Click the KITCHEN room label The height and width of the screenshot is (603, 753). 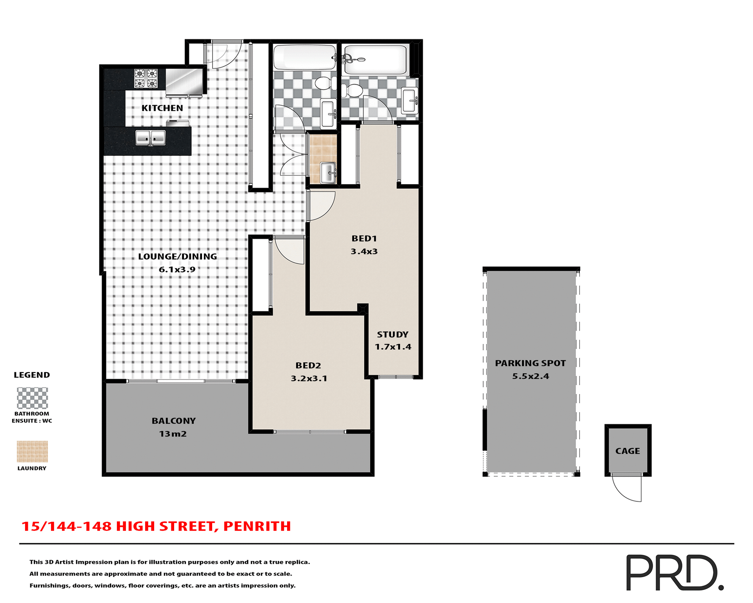162,108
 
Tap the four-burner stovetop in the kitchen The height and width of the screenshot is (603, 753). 146,78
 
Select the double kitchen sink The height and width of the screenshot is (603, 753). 151,138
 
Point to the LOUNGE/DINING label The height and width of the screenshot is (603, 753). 177,256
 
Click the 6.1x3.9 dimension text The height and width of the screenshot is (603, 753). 177,269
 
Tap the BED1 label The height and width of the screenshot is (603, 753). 364,238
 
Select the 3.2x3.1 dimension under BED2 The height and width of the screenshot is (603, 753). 309,378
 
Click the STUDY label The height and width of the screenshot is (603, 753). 393,334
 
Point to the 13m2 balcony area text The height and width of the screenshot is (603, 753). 173,434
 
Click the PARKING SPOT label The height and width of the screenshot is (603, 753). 530,363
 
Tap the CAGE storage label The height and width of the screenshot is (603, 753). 627,451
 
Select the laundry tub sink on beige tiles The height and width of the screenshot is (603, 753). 328,173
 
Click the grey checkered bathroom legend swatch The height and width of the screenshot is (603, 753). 32,398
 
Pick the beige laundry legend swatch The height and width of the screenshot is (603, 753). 32,451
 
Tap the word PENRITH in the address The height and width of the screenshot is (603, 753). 257,526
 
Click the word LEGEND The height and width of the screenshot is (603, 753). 32,375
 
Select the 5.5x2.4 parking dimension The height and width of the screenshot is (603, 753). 530,376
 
